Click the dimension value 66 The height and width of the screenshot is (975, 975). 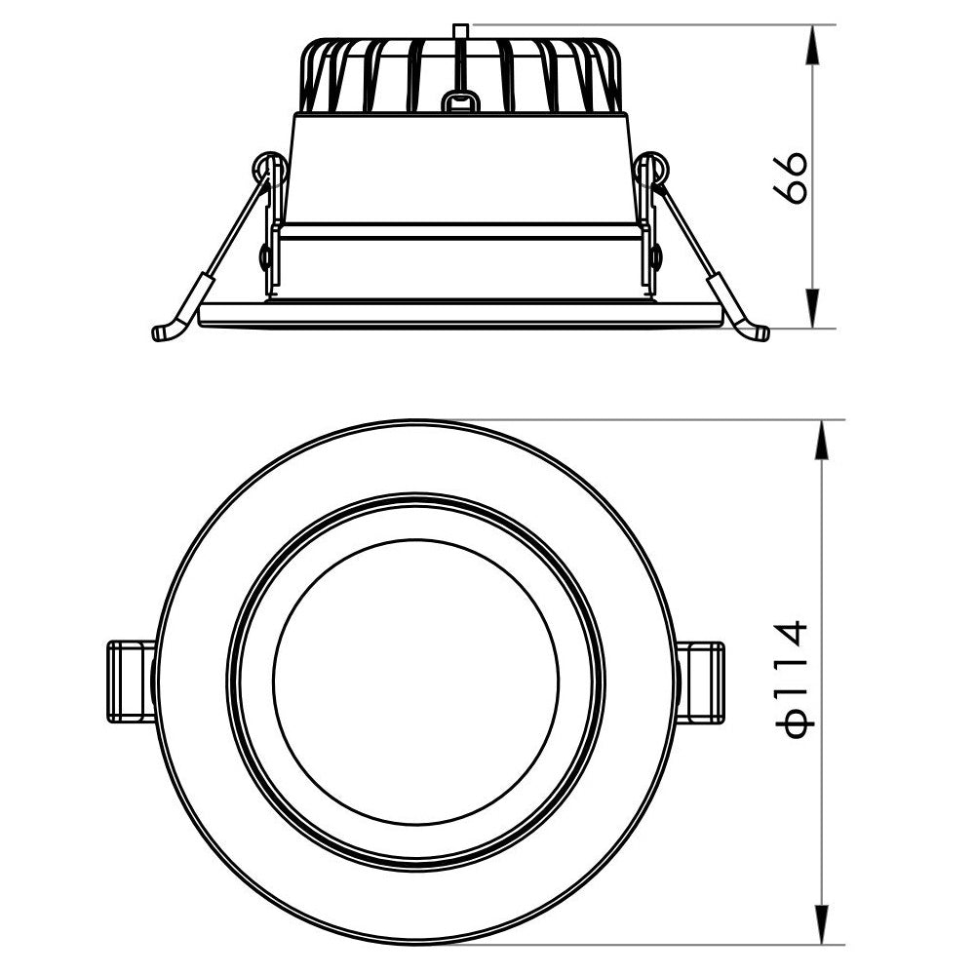point(792,176)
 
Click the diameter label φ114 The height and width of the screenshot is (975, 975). point(793,680)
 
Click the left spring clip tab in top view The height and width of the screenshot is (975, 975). point(130,682)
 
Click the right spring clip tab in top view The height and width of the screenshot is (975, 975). point(700,682)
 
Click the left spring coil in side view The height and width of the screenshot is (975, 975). point(268,171)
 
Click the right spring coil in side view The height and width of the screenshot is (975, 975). point(652,171)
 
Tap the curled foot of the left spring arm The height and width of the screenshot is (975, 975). point(166,331)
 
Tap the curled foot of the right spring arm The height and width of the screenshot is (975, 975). point(756,332)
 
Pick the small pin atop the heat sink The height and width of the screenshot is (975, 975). point(461,33)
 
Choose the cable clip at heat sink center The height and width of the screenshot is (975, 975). point(460,101)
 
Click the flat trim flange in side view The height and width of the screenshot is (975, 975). point(460,315)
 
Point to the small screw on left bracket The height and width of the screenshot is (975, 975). point(266,257)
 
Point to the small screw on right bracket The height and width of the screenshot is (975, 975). point(655,257)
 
